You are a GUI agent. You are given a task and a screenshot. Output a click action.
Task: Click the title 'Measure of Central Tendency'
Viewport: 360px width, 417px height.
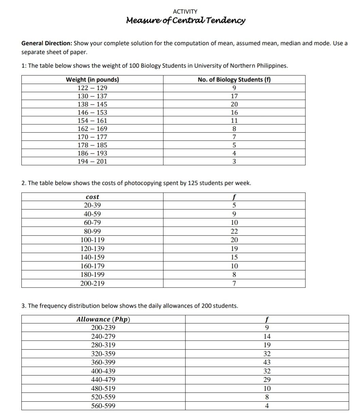[185, 21]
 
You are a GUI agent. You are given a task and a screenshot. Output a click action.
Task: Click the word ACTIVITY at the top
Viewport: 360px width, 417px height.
[185, 12]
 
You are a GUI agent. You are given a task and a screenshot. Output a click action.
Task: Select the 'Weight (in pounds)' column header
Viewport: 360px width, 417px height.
[92, 80]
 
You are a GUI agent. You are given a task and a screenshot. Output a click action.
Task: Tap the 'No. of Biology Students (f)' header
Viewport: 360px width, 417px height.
[234, 80]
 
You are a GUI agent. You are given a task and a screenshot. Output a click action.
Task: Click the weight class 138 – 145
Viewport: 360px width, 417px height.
[92, 104]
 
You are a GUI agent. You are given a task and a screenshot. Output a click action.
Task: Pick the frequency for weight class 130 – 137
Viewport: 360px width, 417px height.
[234, 96]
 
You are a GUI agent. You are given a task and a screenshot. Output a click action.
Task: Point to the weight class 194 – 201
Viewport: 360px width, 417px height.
[92, 161]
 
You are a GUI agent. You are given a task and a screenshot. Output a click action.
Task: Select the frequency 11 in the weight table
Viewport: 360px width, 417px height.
[234, 121]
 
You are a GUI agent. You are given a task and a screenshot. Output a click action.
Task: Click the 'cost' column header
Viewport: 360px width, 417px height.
[92, 197]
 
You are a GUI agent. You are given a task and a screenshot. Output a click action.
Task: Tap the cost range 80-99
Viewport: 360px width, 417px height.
[92, 231]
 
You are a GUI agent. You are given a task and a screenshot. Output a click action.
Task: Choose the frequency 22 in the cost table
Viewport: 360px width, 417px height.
[234, 231]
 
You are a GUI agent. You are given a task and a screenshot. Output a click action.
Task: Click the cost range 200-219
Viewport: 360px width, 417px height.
[92, 283]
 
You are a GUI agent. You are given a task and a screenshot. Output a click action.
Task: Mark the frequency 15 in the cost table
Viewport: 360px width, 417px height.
[234, 257]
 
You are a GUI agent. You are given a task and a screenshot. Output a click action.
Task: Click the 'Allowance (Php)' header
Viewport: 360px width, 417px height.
[103, 319]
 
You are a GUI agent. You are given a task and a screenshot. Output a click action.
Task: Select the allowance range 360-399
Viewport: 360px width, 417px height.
[103, 363]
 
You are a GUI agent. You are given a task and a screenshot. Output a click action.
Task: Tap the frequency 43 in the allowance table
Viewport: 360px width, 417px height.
[267, 363]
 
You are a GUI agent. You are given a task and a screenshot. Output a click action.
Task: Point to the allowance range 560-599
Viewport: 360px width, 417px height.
[103, 406]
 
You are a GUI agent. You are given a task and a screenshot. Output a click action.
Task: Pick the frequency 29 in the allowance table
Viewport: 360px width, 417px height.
[267, 380]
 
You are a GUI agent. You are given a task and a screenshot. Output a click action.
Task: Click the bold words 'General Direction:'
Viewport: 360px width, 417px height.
[47, 44]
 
